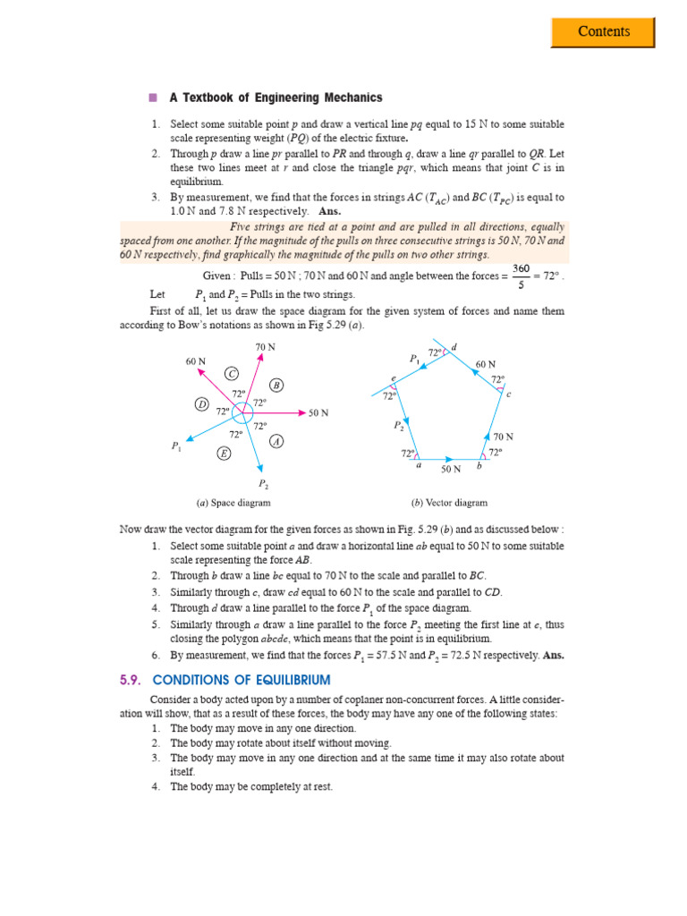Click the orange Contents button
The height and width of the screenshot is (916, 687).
(x=603, y=31)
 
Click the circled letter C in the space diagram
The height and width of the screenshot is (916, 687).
(x=232, y=373)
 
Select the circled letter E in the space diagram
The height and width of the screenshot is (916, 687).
(x=224, y=454)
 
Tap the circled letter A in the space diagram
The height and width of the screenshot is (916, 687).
(x=276, y=442)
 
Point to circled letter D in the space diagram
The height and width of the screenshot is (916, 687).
(x=202, y=405)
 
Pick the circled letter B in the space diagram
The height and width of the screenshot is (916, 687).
(x=276, y=385)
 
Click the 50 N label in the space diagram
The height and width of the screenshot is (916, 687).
(x=318, y=413)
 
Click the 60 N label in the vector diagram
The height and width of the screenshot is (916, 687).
(x=486, y=364)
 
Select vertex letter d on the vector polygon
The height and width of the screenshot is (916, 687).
(x=454, y=347)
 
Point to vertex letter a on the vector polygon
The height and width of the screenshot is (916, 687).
(x=418, y=466)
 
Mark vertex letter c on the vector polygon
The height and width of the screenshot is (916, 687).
(x=508, y=394)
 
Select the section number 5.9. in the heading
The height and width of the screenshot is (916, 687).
(x=135, y=680)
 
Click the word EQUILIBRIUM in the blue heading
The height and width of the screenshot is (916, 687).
(x=286, y=680)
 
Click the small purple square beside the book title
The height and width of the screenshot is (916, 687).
(x=153, y=98)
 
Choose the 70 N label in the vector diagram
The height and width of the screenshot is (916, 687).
(x=504, y=437)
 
